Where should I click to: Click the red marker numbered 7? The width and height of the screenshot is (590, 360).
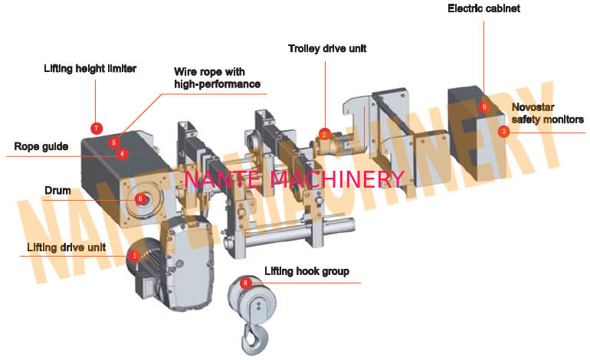[97, 129]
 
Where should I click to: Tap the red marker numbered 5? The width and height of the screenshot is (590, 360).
[114, 142]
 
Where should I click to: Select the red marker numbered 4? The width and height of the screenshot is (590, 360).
[122, 154]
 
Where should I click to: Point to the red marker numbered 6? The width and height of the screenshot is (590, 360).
[140, 198]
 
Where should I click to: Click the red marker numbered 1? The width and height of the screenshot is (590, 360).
[134, 256]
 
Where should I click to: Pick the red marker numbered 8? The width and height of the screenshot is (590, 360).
[245, 283]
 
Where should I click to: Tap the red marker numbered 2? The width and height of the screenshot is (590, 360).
[324, 134]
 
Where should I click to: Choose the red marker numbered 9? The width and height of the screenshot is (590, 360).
[484, 106]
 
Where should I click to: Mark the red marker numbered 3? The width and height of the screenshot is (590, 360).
[504, 131]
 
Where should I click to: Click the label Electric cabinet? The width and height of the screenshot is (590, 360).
[484, 8]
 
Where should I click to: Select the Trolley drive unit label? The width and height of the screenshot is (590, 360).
[327, 48]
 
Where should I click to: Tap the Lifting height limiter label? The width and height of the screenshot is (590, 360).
[90, 68]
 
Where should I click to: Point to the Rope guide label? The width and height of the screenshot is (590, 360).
[41, 146]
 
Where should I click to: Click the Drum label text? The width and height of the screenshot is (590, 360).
[57, 191]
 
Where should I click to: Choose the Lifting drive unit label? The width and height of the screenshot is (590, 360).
[66, 247]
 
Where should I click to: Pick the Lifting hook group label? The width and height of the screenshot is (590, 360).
[306, 271]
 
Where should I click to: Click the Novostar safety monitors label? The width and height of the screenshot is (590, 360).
[548, 113]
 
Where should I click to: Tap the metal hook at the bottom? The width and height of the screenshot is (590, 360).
[254, 339]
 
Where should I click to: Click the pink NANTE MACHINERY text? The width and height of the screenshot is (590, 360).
[294, 179]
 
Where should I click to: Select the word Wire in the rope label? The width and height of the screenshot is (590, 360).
[185, 71]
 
